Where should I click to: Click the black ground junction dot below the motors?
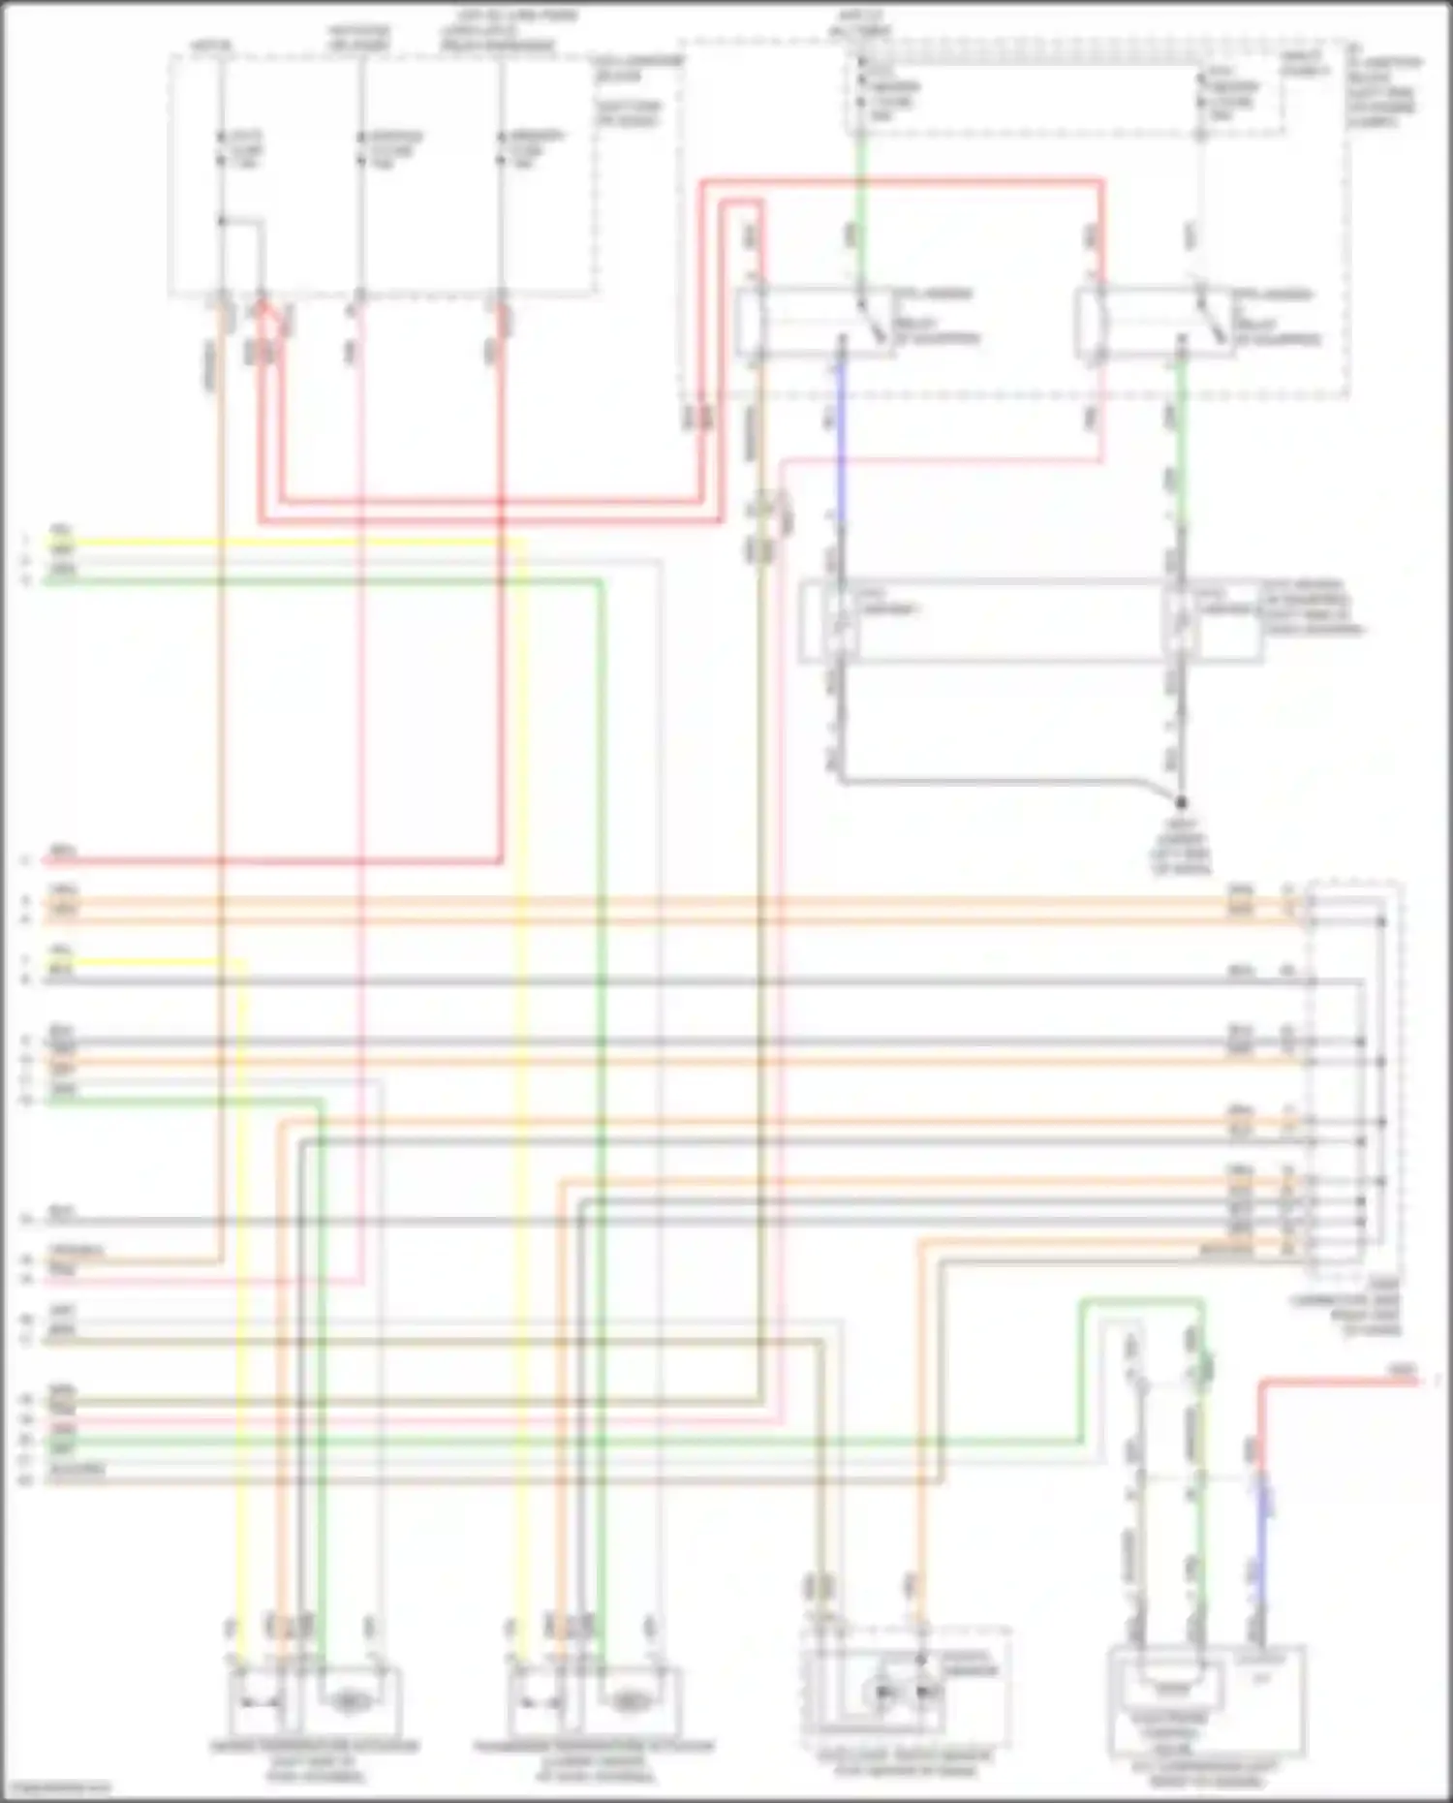[1181, 802]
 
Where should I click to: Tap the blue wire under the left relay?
[840, 436]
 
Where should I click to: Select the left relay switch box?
[814, 324]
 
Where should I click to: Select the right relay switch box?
[1153, 324]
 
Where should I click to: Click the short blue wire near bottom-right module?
[1262, 1540]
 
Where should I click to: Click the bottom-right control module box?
[1207, 1700]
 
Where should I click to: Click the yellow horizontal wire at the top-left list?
[291, 544]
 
